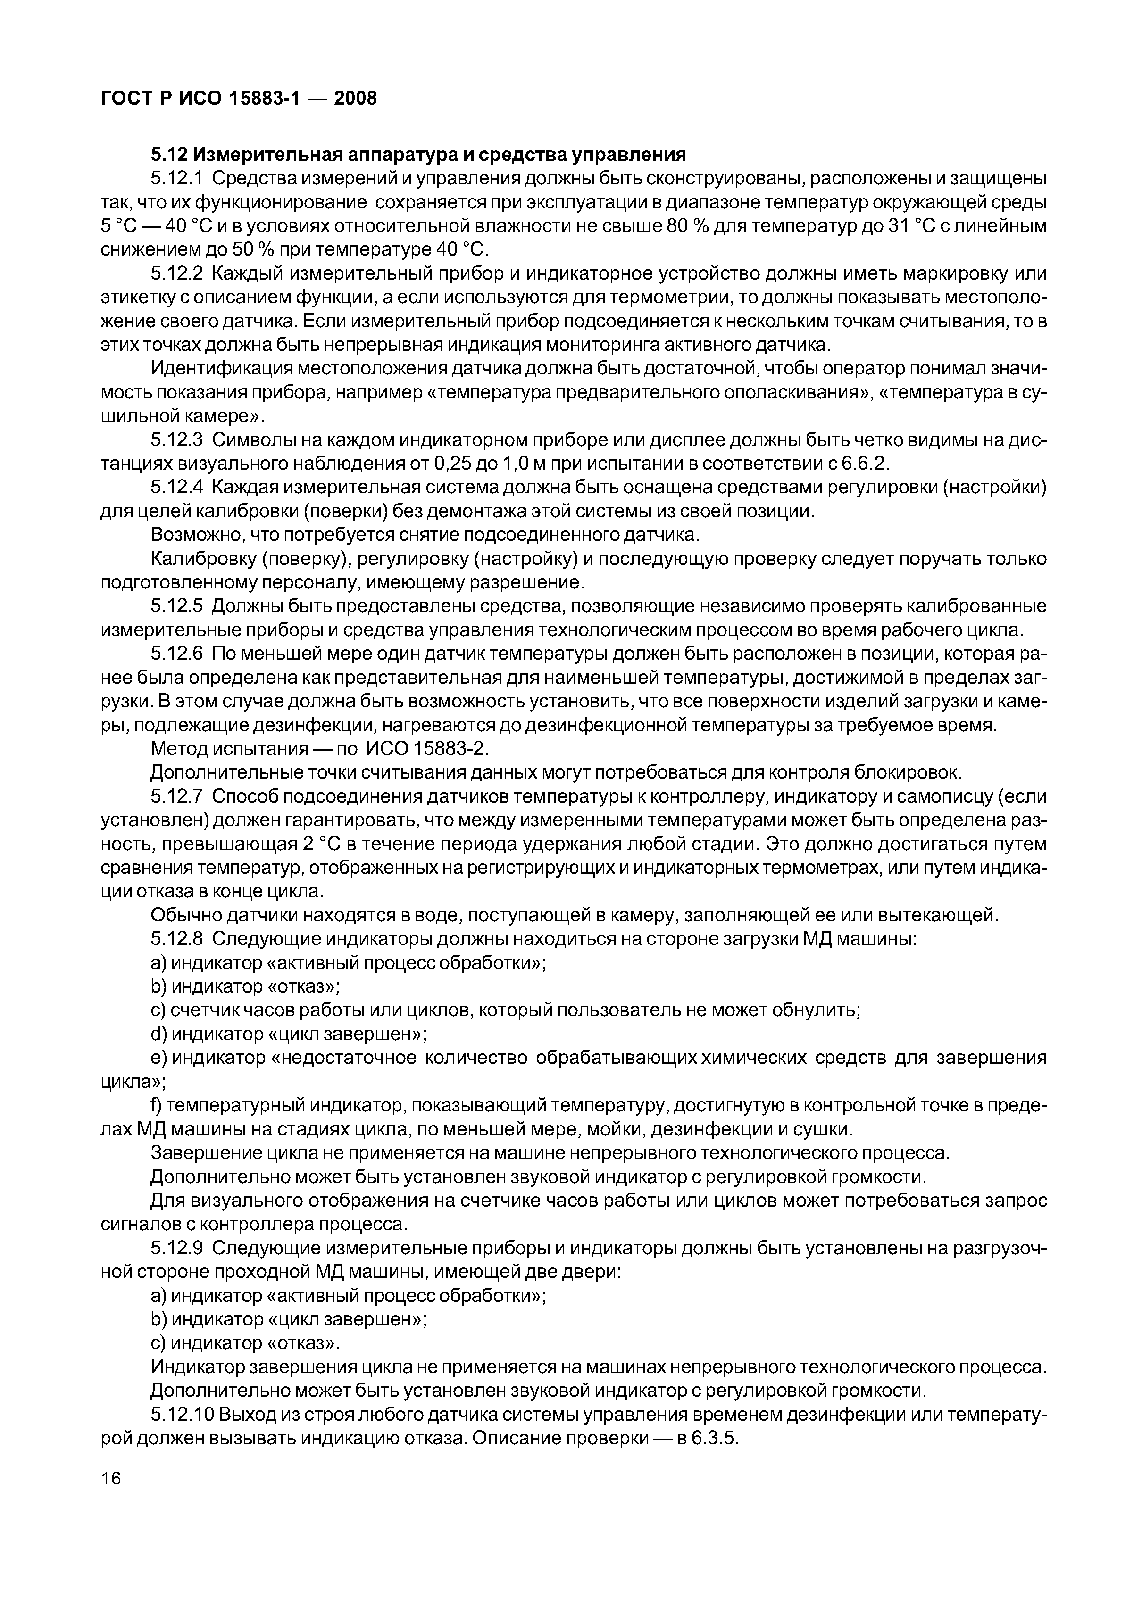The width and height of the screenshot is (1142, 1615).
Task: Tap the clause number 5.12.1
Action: pyautogui.click(x=176, y=179)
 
